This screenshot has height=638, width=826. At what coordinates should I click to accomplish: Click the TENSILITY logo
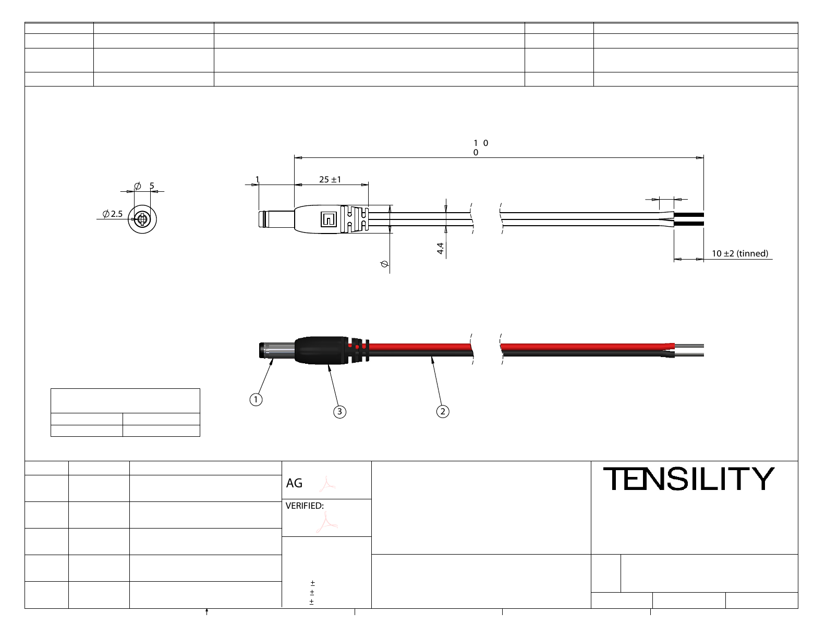tap(688, 479)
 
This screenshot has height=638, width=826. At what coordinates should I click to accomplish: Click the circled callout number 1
tap(256, 400)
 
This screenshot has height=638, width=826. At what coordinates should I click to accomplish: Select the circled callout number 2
tap(443, 411)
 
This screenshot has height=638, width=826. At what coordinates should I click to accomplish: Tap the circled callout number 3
tap(339, 412)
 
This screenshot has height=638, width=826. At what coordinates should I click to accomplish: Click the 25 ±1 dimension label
tap(330, 179)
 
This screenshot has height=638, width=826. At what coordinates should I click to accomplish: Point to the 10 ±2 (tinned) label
tap(739, 253)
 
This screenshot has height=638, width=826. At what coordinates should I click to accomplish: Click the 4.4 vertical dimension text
tap(441, 248)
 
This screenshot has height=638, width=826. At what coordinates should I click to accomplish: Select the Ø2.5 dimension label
tap(113, 214)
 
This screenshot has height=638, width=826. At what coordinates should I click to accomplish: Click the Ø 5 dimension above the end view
tap(144, 186)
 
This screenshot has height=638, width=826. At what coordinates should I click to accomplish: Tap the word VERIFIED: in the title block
tap(305, 506)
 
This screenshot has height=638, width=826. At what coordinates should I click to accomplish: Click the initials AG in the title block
tap(294, 483)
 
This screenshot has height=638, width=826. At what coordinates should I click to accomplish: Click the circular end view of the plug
tap(142, 219)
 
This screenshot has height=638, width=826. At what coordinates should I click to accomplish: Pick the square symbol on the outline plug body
tap(329, 219)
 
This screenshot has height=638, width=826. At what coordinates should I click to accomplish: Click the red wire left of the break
tap(417, 347)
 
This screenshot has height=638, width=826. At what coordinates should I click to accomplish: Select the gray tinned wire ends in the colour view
tap(689, 350)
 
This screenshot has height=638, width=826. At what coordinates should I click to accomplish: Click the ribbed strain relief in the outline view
tap(355, 219)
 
